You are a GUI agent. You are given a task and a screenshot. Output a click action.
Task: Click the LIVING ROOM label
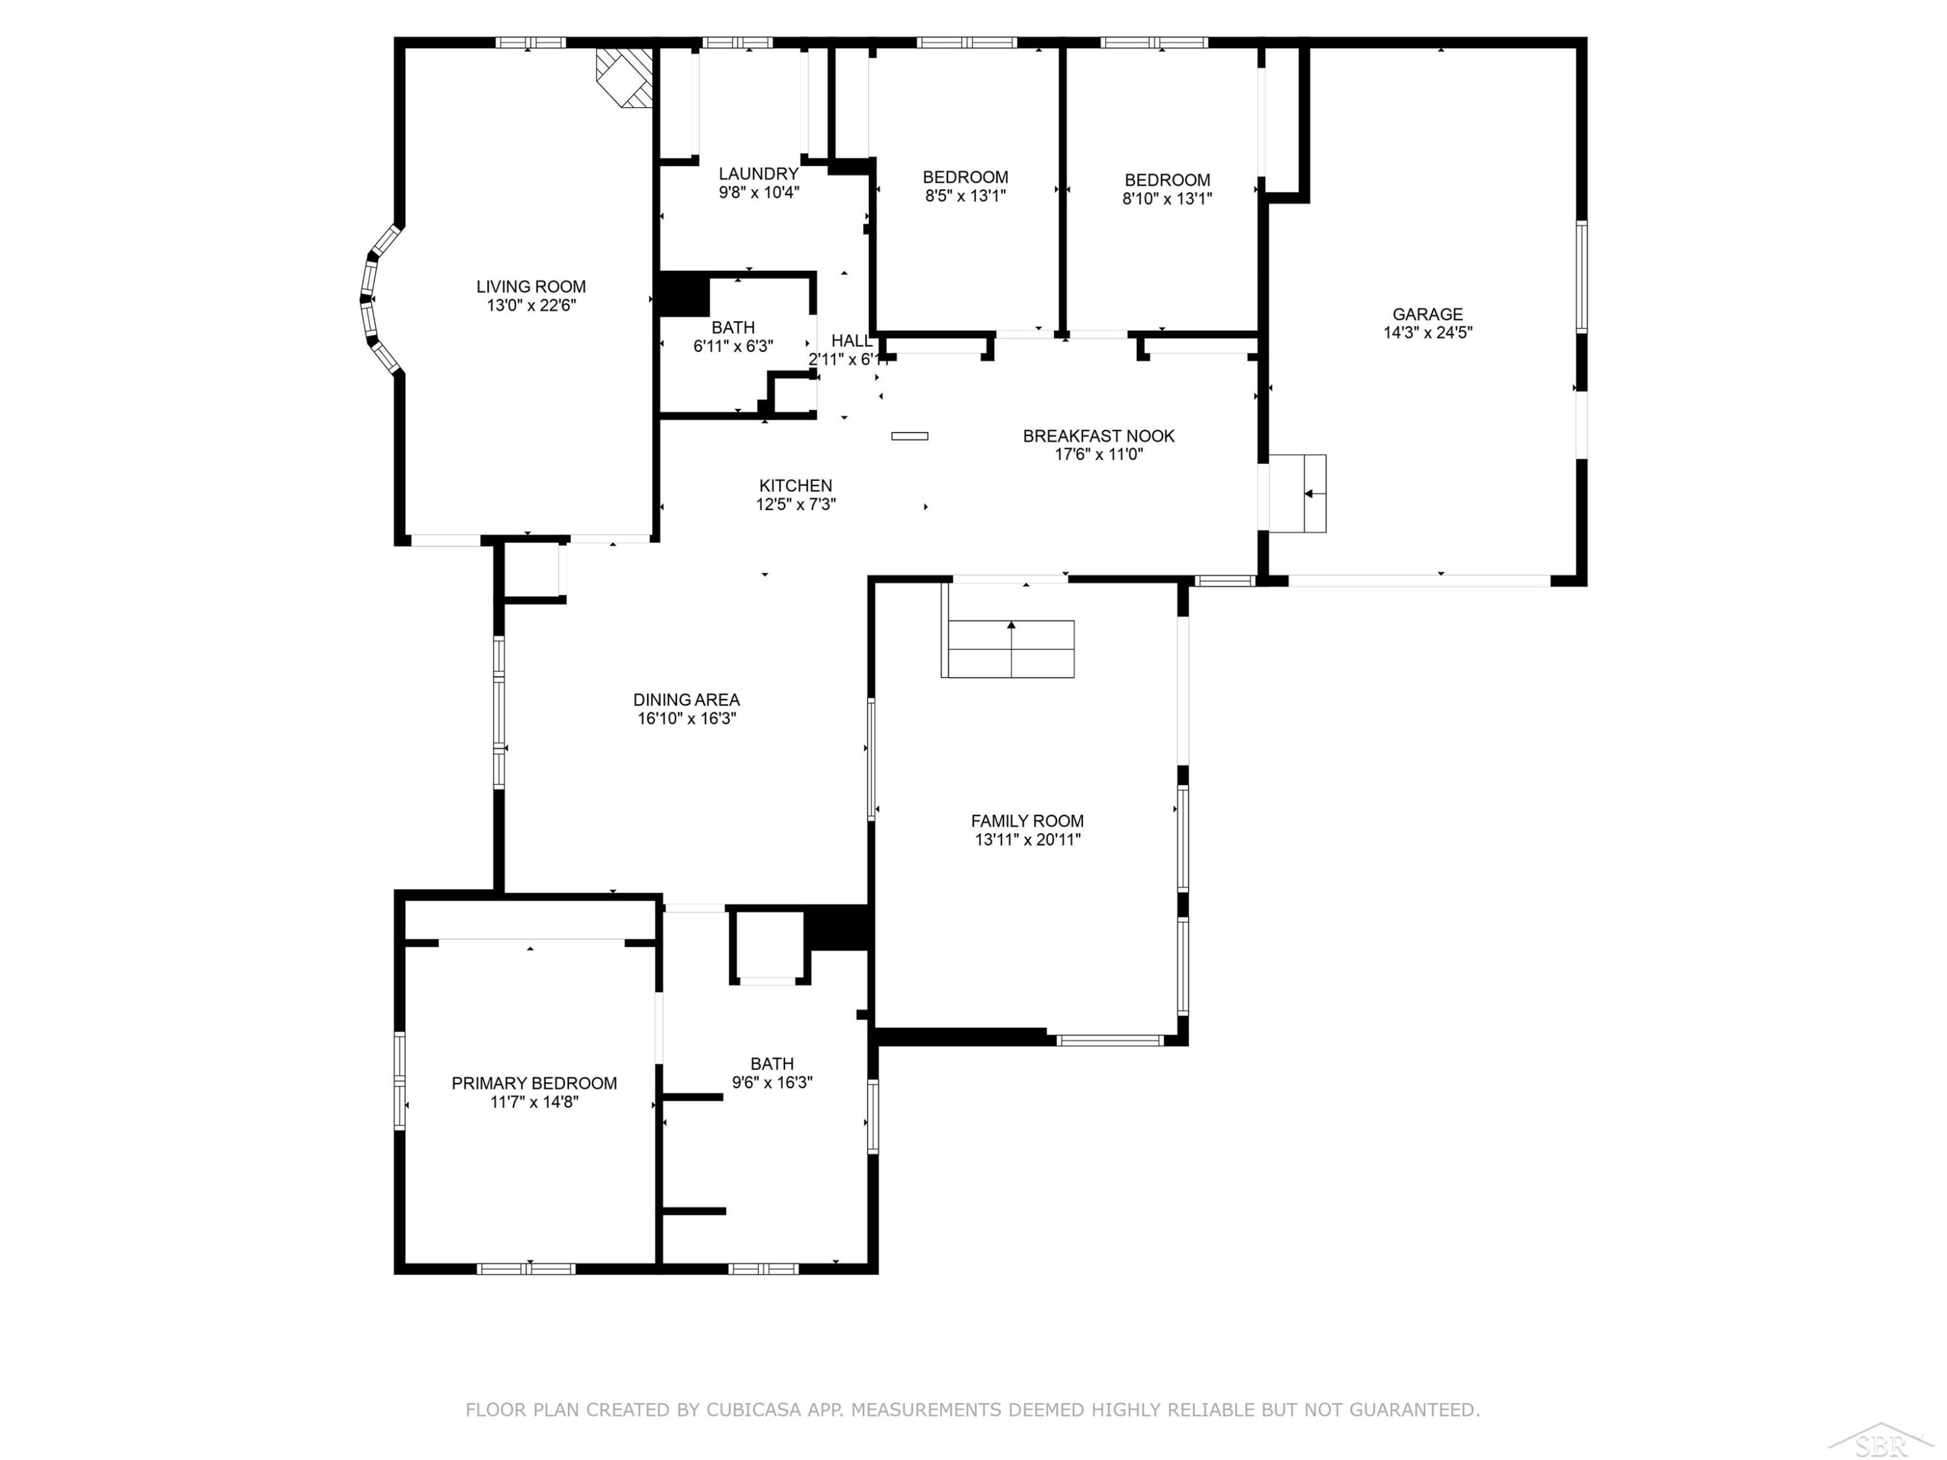[x=531, y=286]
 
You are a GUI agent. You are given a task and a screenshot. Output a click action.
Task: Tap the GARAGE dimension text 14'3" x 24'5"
[x=1428, y=333]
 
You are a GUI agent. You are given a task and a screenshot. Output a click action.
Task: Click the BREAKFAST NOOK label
[x=1099, y=435]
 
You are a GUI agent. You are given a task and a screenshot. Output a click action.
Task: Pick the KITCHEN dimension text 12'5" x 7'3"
[x=796, y=504]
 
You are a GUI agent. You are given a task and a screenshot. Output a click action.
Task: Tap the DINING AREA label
[x=687, y=700]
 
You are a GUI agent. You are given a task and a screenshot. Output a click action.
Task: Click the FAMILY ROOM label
[x=1027, y=821]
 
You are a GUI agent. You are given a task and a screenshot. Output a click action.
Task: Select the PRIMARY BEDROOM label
[x=534, y=1084]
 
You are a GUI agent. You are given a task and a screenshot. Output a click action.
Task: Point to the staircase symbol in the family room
[x=1008, y=649]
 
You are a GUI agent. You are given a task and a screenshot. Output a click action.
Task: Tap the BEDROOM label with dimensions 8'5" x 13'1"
[x=966, y=177]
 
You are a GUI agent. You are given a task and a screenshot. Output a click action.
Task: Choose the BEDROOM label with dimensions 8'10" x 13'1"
[x=1167, y=180]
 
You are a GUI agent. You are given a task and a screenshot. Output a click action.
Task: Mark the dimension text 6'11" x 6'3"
[x=733, y=347]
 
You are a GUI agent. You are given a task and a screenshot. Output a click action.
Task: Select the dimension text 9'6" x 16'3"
[x=772, y=1082]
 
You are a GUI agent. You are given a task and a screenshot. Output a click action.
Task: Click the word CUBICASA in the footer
[x=753, y=1410]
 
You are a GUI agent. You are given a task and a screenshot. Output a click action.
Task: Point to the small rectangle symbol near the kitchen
[x=909, y=435]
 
